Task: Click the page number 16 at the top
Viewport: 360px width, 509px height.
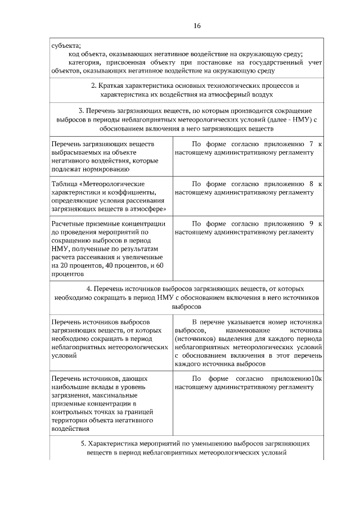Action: [197, 26]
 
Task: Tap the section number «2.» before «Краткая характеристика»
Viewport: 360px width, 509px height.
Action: [94, 86]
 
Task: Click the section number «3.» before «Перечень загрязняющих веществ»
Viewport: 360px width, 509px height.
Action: [82, 111]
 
